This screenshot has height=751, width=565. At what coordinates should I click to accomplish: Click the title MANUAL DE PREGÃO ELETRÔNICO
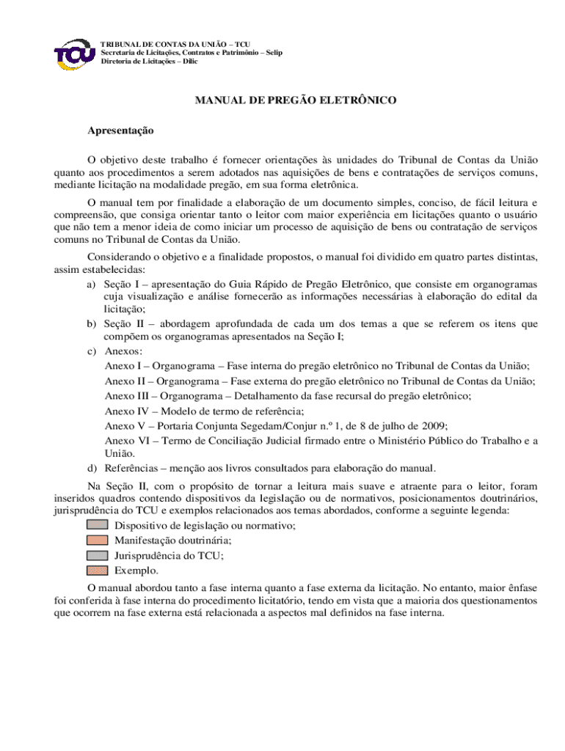coord(296,99)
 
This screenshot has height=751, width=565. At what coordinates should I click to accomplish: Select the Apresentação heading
coord(120,130)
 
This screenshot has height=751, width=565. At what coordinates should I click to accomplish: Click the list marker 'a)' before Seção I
coord(92,284)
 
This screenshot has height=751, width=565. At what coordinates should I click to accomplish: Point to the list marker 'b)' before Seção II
coord(92,324)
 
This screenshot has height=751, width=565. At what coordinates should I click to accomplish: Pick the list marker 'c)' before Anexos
coord(92,351)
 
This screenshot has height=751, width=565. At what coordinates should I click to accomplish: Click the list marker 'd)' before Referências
coord(92,467)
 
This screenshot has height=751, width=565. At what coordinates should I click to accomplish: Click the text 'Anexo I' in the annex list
coord(123,365)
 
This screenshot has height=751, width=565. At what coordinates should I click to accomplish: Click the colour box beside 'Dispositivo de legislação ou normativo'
coord(97,525)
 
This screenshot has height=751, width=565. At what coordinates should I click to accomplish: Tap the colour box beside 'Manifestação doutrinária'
coord(97,541)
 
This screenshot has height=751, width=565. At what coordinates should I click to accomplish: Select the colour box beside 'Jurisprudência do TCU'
coord(97,555)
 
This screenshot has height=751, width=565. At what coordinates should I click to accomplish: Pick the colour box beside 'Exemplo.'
coord(97,570)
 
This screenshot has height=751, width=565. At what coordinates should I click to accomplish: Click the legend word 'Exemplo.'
coord(136,570)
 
